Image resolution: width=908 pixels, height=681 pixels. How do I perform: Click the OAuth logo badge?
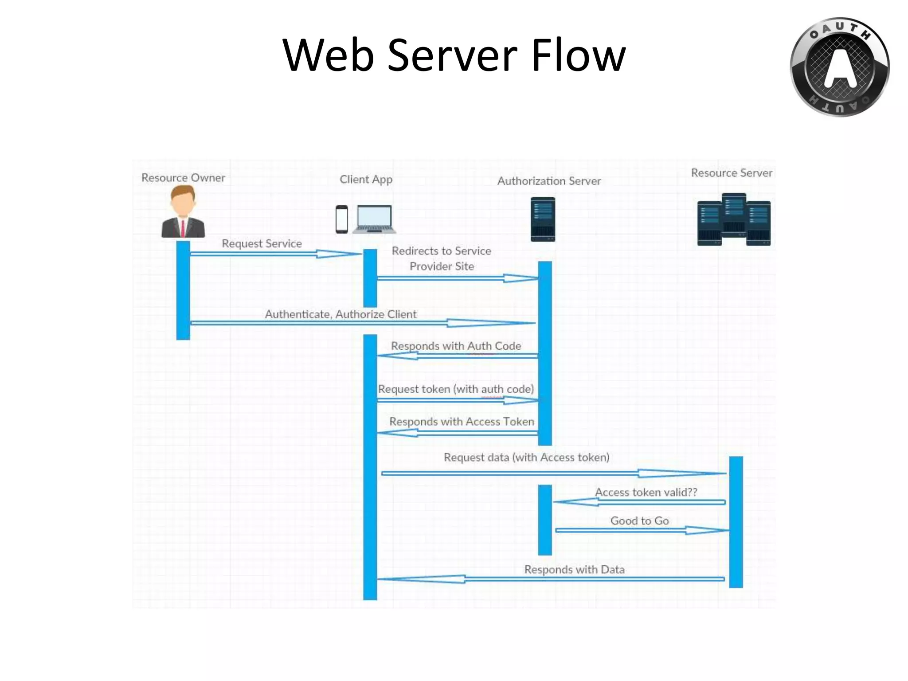839,67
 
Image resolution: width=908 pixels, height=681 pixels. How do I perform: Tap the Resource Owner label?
183,178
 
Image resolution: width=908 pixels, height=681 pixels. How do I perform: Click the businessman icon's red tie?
183,227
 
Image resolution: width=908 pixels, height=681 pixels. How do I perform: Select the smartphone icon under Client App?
341,219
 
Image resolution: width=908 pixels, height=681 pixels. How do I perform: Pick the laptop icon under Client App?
374,219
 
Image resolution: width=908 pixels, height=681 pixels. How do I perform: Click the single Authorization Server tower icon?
543,219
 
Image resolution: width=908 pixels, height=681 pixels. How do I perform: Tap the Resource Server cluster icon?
734,219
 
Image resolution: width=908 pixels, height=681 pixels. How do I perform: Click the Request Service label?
262,243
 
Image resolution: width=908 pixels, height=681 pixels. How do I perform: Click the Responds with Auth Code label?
456,346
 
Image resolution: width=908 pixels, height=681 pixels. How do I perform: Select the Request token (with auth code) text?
456,389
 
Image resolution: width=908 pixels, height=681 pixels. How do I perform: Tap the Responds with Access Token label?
462,421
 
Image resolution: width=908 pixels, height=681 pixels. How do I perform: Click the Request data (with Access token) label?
526,457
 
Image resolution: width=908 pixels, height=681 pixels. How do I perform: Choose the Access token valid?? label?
646,492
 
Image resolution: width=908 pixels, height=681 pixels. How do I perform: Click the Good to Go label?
639,521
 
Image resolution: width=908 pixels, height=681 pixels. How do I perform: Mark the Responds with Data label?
574,569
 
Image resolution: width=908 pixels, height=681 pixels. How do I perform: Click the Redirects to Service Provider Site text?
442,258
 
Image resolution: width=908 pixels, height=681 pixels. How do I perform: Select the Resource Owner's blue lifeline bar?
183,290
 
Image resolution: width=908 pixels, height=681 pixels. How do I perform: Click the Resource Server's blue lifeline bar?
736,522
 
